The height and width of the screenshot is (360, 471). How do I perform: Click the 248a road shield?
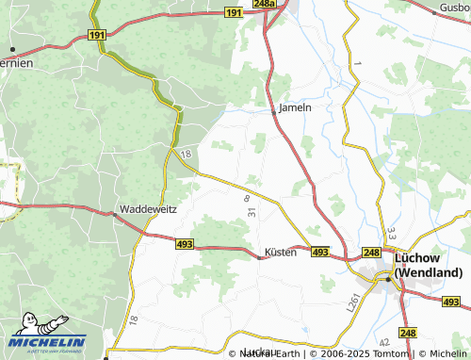[x=265, y=5]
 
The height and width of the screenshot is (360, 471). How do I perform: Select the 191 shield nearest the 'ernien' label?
[x=96, y=33]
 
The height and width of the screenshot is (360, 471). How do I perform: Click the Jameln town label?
[x=296, y=107]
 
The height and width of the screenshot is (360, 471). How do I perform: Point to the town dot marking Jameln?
[x=275, y=111]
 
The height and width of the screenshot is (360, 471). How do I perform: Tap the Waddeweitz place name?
[x=147, y=208]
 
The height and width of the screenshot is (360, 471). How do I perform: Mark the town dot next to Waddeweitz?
[x=115, y=213]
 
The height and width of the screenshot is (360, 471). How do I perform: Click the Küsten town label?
[x=281, y=252]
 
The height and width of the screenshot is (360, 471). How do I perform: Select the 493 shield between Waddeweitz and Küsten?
[x=184, y=242]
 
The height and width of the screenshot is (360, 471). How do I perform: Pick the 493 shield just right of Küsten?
[x=320, y=252]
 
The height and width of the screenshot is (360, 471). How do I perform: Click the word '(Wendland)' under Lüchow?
[x=430, y=272]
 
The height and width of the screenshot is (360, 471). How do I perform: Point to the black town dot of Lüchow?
[x=386, y=278]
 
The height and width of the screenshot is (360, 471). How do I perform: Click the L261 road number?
[x=354, y=302]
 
